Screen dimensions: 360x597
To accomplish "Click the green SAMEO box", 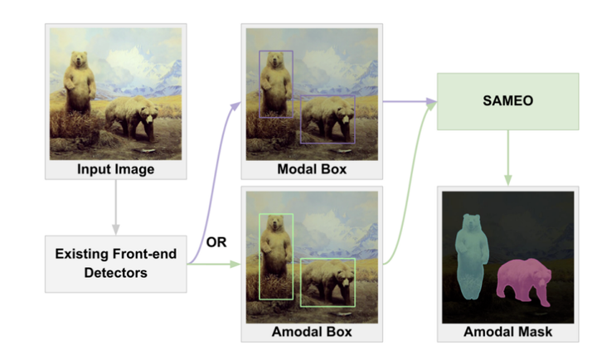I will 507,100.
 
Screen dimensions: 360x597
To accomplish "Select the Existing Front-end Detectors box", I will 115,263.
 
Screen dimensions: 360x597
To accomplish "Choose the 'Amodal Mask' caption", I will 507,333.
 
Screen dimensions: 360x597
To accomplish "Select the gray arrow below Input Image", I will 115,208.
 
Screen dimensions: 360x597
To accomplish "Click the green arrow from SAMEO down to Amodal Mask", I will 507,158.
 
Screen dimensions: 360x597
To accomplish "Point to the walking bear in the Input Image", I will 133,116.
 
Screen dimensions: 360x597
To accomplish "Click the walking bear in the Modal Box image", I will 328,116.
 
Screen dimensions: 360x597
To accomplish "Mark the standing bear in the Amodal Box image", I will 275,249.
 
